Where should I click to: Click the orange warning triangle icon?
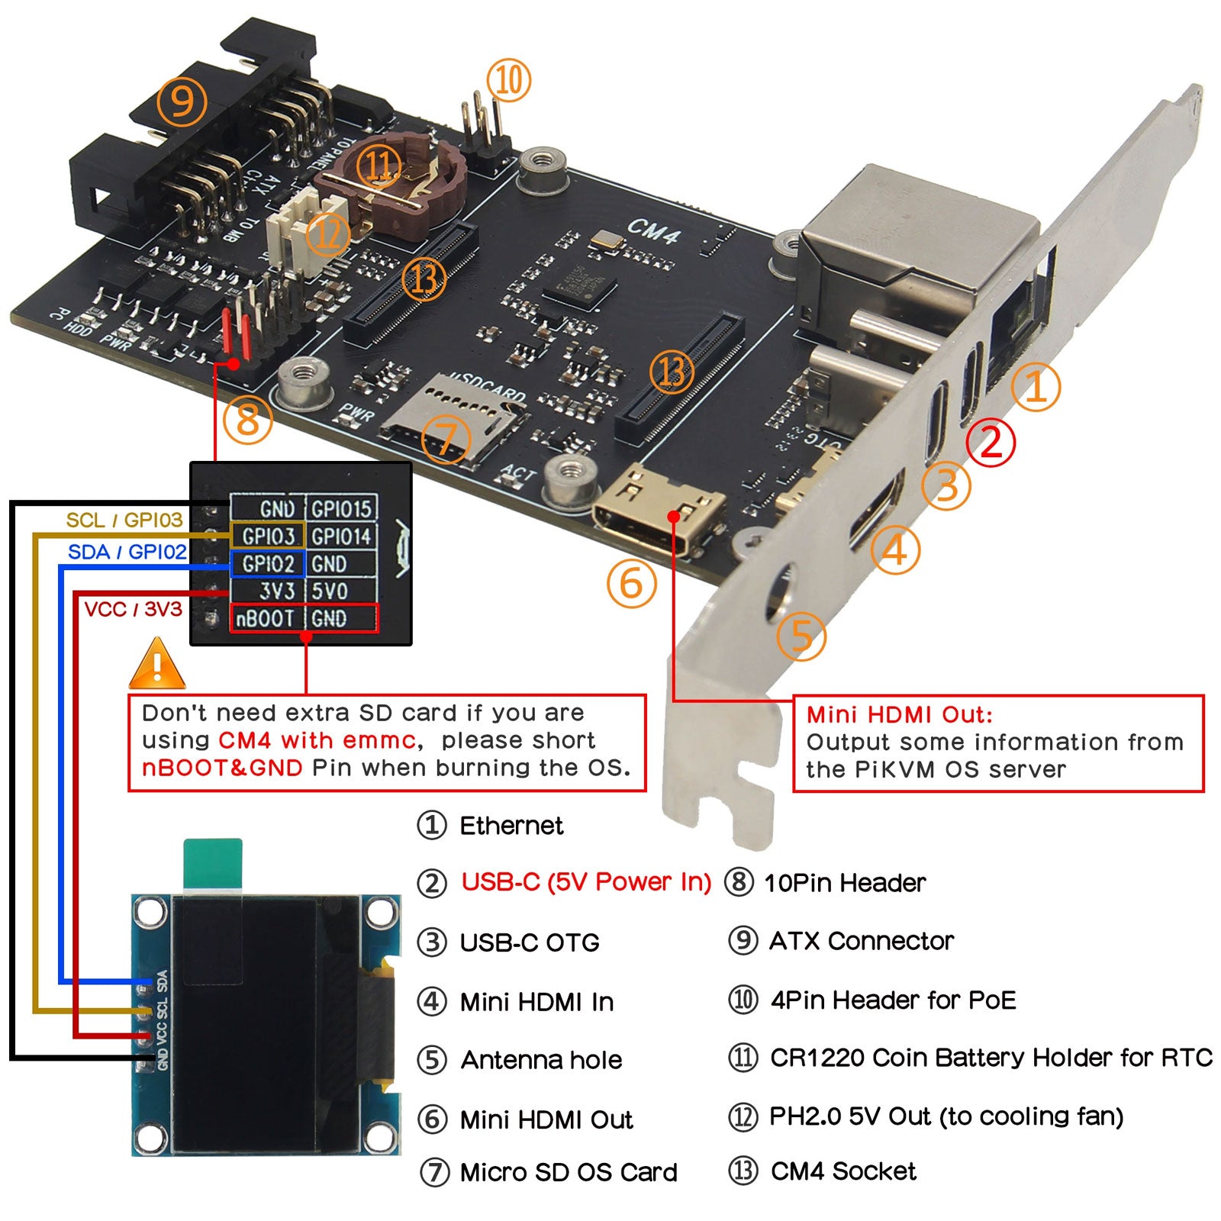click(x=157, y=665)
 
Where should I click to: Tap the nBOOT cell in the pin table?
click(x=265, y=618)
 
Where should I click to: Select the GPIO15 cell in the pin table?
click(x=341, y=509)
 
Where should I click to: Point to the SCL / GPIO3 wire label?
click(x=124, y=520)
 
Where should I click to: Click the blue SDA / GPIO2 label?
click(x=127, y=552)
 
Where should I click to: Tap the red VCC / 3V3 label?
click(x=133, y=609)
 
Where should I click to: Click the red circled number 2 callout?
click(x=991, y=442)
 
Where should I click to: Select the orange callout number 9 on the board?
click(x=182, y=101)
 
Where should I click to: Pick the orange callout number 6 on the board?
click(x=631, y=584)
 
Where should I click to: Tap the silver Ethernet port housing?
click(x=916, y=244)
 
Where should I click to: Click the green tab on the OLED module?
click(x=213, y=864)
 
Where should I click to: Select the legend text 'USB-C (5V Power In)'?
click(x=586, y=883)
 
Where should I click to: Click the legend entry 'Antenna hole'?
click(x=541, y=1060)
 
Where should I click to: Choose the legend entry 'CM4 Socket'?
click(x=843, y=1171)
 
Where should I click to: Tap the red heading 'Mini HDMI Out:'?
click(x=900, y=715)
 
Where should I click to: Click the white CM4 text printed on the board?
click(x=652, y=230)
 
